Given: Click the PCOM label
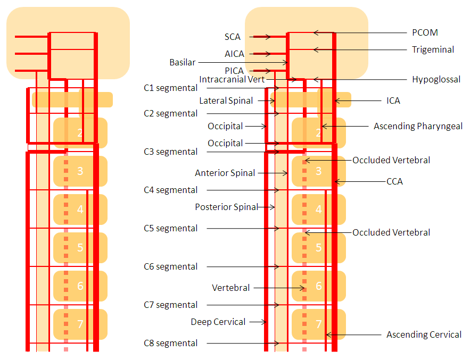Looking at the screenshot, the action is click(x=425, y=32).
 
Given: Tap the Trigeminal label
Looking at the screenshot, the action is click(x=433, y=49).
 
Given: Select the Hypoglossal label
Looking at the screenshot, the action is click(x=436, y=79).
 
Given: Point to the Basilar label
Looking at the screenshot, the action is click(x=182, y=62).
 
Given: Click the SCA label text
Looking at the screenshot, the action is click(x=232, y=37).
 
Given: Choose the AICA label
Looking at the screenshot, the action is click(x=234, y=54).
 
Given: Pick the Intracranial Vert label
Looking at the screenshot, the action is click(x=232, y=79).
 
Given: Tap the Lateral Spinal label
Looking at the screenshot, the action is click(x=226, y=101).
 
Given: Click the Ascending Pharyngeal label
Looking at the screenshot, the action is click(x=418, y=127).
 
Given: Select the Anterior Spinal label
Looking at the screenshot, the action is click(x=225, y=173).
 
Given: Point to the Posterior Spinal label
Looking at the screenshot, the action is click(x=226, y=207).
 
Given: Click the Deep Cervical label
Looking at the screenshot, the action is click(x=218, y=322).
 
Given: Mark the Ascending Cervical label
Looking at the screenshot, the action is click(x=424, y=334).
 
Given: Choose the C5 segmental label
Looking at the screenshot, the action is click(x=170, y=229).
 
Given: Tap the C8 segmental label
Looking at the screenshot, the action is click(x=170, y=343).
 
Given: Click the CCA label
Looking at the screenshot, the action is click(x=394, y=181).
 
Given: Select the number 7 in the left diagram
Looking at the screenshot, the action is click(x=80, y=324).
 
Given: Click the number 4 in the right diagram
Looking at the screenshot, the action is click(x=319, y=210).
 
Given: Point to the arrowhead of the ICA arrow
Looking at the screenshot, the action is click(x=335, y=101).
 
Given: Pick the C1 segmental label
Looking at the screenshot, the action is click(x=170, y=88).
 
